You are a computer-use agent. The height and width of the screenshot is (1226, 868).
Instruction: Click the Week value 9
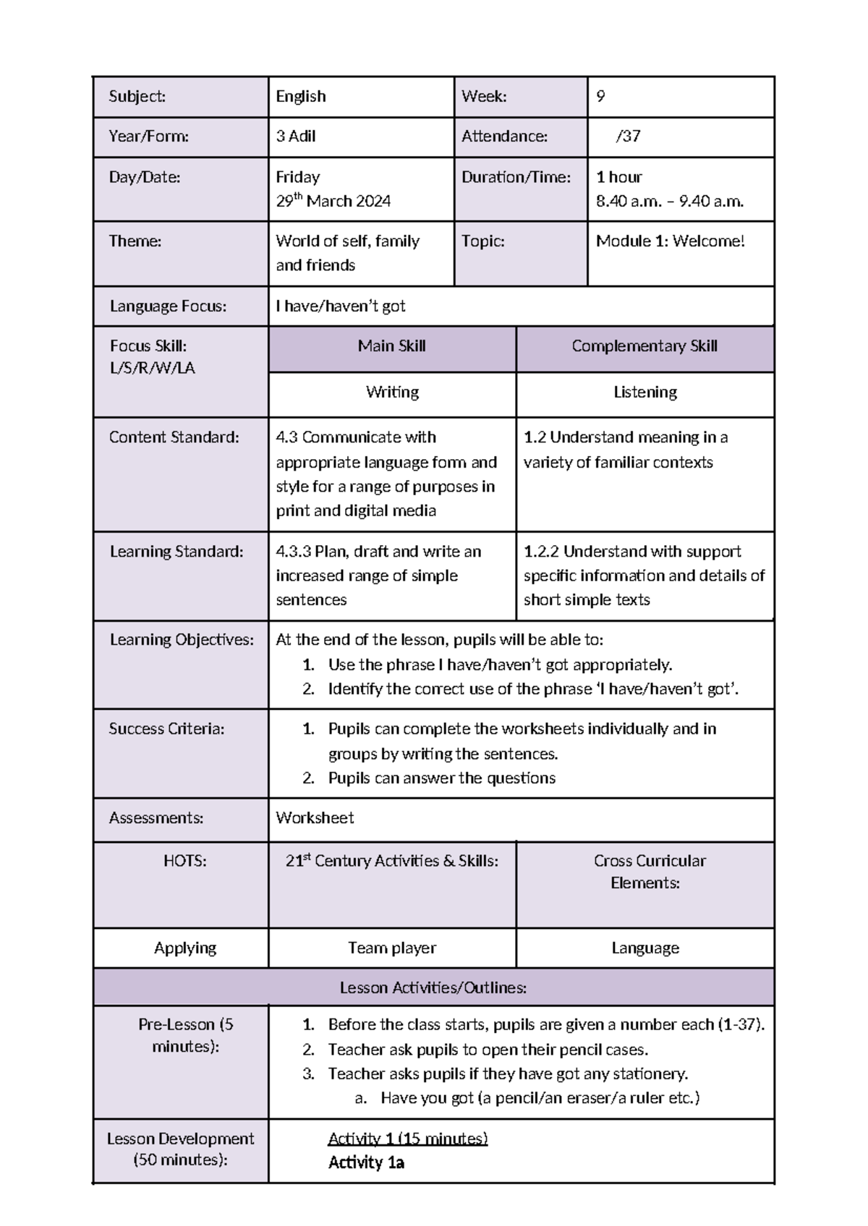pos(601,96)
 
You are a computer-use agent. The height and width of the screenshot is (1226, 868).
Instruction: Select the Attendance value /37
pos(627,136)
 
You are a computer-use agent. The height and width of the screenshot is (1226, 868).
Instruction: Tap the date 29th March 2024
pos(333,201)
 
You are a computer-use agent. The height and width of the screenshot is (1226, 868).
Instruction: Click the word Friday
pos(297,177)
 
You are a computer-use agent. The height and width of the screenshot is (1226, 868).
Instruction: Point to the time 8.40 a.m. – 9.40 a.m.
pos(669,201)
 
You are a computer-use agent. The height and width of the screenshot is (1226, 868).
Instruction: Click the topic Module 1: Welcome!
pos(669,241)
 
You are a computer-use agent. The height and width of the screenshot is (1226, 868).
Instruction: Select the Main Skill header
pos(391,346)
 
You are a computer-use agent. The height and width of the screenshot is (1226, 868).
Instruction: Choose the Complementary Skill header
pos(644,346)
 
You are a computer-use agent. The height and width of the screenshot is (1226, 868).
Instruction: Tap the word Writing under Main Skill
pos(391,392)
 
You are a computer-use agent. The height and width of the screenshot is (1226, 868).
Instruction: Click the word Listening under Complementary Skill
pos(644,392)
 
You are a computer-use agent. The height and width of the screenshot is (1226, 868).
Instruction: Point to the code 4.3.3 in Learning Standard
pos(293,552)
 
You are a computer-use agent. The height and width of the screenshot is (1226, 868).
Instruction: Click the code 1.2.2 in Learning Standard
pos(541,552)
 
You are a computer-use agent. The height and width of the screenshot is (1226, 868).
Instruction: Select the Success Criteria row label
pos(166,729)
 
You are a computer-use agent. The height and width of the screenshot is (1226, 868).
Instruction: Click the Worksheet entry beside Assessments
pos(315,818)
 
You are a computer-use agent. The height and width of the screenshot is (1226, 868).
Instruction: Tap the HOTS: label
pos(184,860)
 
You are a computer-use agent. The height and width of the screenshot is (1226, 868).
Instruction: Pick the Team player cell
pos(391,948)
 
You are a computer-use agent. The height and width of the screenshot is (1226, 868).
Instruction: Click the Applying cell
pos(184,948)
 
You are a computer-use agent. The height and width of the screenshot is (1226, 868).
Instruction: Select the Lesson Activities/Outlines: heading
pos(433,987)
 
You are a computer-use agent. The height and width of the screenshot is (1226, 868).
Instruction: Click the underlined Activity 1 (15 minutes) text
pos(407,1139)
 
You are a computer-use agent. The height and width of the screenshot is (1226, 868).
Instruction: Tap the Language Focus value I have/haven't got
pos(340,306)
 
